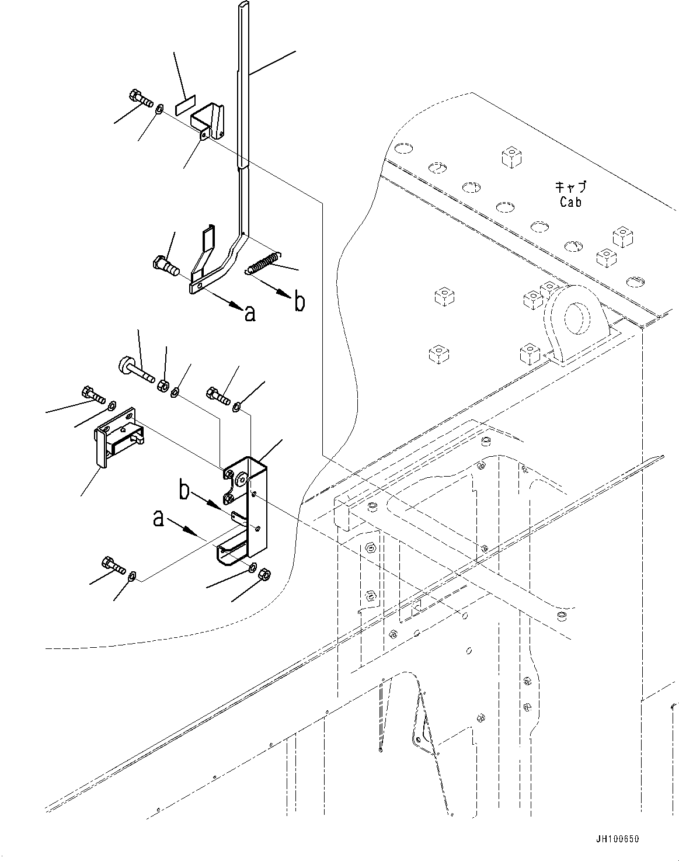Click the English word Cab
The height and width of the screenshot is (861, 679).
tap(570, 202)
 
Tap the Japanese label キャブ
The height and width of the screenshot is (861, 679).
tap(570, 188)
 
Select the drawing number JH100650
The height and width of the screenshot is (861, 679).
tap(618, 839)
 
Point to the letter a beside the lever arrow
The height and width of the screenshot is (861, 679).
tap(250, 314)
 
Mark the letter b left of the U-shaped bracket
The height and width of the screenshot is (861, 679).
tap(184, 489)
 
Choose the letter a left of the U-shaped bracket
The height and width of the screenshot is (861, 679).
tap(158, 518)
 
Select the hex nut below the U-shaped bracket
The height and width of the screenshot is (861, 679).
tap(263, 575)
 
